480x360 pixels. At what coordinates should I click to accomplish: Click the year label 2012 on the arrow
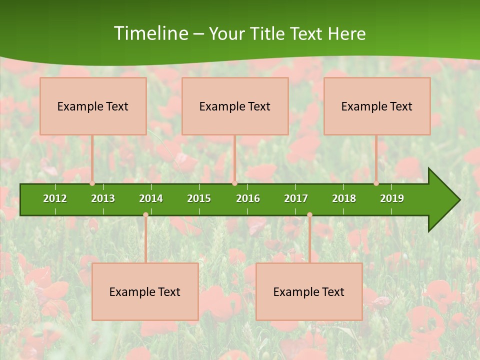coord(55,198)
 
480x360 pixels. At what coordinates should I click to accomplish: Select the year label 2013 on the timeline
coord(103,198)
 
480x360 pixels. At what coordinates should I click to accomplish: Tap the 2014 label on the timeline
coord(151,198)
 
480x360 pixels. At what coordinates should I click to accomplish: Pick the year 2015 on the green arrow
coord(199,198)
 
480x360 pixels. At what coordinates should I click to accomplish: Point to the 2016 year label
coord(248,198)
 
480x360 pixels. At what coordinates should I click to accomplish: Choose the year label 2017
coord(296,198)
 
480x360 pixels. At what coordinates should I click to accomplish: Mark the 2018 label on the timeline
coord(344,198)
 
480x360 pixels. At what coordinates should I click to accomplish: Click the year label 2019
coord(392,198)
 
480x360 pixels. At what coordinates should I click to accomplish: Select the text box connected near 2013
coord(93,106)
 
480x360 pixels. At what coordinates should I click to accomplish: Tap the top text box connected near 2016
coord(235,106)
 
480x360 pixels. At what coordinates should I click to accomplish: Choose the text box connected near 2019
coord(377,106)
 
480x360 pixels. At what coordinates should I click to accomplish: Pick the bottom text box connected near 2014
coord(145,291)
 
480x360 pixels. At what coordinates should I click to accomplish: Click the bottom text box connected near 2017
coord(309,291)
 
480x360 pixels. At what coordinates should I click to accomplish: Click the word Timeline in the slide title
coord(150,33)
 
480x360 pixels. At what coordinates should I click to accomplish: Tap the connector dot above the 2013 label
coord(92,183)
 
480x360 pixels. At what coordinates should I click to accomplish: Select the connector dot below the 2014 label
coord(145,215)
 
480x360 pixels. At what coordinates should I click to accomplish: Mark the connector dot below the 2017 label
coord(309,215)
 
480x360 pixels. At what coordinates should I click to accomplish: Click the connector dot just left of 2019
coord(376,183)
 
